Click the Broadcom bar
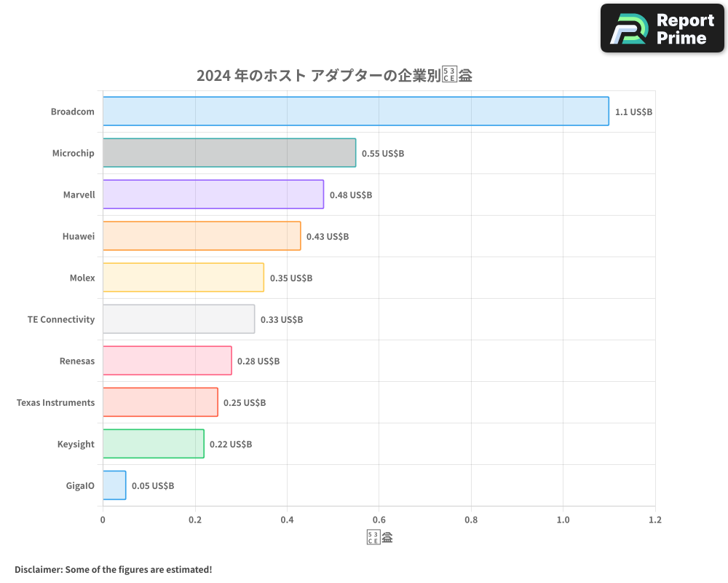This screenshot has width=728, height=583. (x=355, y=111)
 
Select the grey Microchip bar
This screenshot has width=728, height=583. (x=229, y=153)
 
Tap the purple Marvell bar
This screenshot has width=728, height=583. (x=213, y=195)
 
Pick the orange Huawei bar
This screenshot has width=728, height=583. (x=202, y=236)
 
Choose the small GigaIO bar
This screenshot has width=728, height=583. (x=114, y=485)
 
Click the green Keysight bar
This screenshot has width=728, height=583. (x=153, y=444)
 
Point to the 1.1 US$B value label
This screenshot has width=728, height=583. (x=633, y=112)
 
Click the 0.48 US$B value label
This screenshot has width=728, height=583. (x=351, y=195)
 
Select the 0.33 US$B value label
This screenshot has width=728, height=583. (x=282, y=320)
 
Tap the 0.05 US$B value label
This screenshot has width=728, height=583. (x=153, y=486)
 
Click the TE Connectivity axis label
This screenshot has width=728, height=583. (x=61, y=320)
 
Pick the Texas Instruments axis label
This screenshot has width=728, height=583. (x=55, y=403)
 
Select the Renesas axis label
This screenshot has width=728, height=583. (x=77, y=361)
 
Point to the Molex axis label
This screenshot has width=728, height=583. (x=82, y=278)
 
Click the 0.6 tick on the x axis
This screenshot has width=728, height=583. (x=379, y=520)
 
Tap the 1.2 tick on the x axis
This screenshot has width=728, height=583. (x=654, y=520)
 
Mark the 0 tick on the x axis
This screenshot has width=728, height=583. (x=103, y=520)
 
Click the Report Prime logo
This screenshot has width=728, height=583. (x=662, y=28)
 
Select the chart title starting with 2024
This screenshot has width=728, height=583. (x=334, y=76)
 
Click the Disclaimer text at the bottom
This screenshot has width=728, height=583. (x=113, y=569)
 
